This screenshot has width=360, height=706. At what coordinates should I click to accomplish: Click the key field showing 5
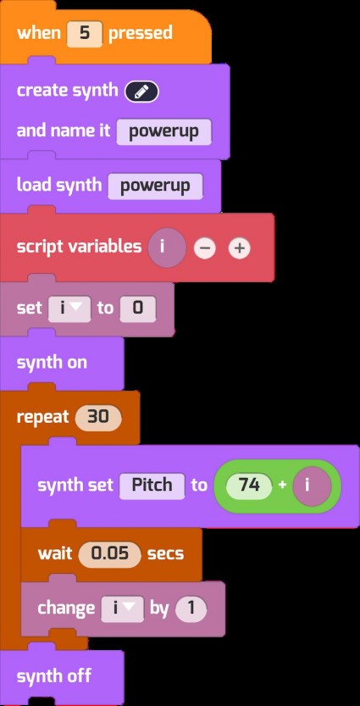[x=85, y=33]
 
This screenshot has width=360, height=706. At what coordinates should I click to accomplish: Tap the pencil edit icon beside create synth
[x=141, y=92]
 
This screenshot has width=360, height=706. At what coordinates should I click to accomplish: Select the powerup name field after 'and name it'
[x=163, y=131]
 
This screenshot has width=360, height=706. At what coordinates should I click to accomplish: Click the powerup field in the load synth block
[x=155, y=186]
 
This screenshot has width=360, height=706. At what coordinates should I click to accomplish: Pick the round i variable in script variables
[x=167, y=247]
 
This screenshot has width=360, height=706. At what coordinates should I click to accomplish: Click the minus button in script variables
[x=205, y=248]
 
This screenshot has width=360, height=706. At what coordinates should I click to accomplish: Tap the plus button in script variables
[x=239, y=248]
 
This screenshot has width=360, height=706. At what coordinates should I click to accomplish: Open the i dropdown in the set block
[x=69, y=309]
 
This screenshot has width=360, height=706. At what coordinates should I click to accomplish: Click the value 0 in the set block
[x=138, y=309]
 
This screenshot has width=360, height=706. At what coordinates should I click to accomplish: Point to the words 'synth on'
[x=52, y=363]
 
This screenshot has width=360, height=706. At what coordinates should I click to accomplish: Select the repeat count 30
[x=98, y=417]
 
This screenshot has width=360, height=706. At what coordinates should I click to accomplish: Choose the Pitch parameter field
[x=152, y=485]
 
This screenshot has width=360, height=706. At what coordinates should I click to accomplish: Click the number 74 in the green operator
[x=249, y=486]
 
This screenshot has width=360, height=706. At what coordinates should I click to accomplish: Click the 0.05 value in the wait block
[x=110, y=553]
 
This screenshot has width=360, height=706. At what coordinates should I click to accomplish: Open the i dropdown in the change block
[x=122, y=609]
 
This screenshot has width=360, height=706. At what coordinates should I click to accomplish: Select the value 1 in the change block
[x=191, y=609]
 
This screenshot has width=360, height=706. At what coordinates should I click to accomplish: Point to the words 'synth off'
[x=54, y=676]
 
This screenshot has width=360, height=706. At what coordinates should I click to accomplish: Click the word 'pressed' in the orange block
[x=141, y=33]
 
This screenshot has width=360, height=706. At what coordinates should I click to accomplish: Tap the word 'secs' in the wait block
[x=166, y=553]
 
